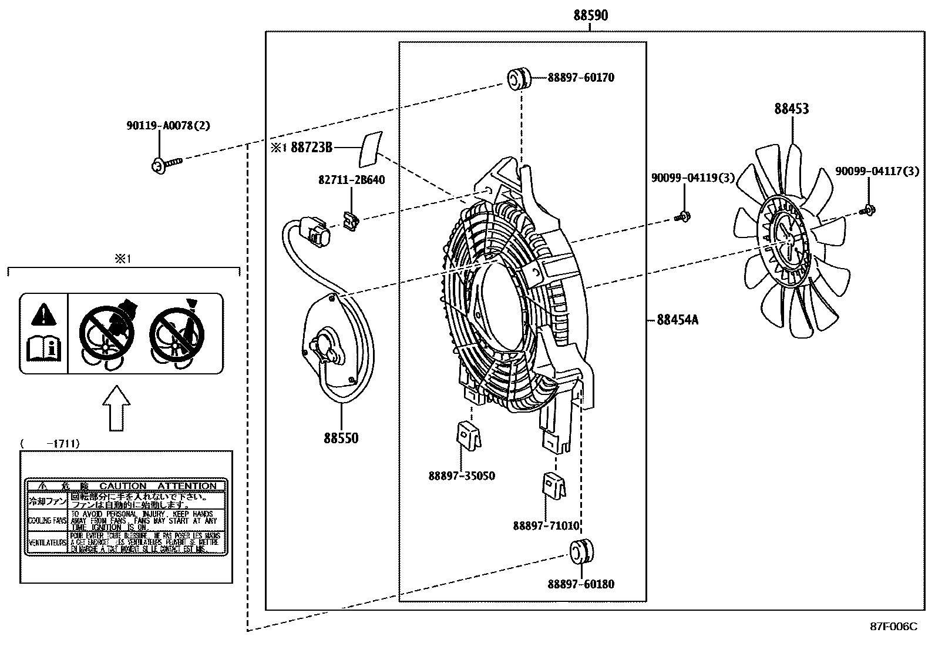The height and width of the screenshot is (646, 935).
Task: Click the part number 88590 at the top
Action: pyautogui.click(x=591, y=16)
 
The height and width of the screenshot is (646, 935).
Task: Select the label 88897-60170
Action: pyautogui.click(x=581, y=78)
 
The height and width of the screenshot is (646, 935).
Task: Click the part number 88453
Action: pyautogui.click(x=791, y=109)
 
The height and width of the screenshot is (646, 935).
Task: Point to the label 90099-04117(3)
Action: pyautogui.click(x=877, y=172)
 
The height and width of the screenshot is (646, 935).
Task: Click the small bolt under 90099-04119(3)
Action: pyautogui.click(x=683, y=216)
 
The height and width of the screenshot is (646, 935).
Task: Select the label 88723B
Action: pyautogui.click(x=311, y=148)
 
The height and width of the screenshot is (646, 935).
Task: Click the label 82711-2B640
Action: pyautogui.click(x=351, y=180)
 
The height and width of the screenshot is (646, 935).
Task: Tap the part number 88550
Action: pyautogui.click(x=341, y=439)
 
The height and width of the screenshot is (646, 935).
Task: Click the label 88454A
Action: pyautogui.click(x=677, y=320)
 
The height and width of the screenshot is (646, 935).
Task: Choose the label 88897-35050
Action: pyautogui.click(x=461, y=476)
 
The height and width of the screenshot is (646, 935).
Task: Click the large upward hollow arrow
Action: pyautogui.click(x=116, y=408)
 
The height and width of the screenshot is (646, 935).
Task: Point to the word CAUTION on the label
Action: pyautogui.click(x=123, y=486)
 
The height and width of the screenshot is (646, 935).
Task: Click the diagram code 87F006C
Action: pyautogui.click(x=893, y=627)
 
